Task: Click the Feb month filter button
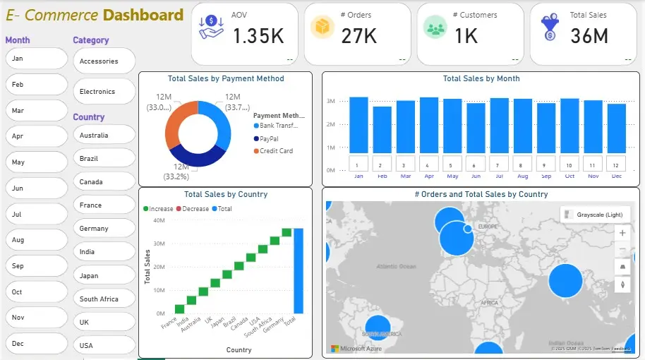coord(36,85)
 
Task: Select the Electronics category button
coord(104,92)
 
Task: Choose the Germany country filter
coord(104,228)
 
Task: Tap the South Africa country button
coord(104,299)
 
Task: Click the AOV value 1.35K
coord(258,35)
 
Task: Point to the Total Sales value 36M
coord(589,35)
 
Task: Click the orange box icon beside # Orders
coord(322,28)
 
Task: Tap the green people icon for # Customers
coord(435,28)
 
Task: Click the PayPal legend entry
coord(268,139)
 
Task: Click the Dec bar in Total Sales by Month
coord(616,128)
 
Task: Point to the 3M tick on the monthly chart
coord(330,102)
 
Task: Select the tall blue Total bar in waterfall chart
coord(299,270)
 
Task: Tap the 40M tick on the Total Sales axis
coord(159,221)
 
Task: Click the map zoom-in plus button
coord(622,233)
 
